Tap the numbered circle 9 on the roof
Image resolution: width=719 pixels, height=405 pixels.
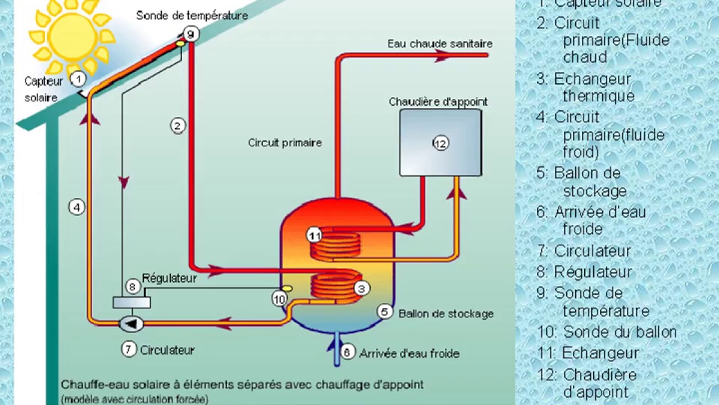(191, 34)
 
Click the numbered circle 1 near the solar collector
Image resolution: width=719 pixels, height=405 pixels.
(78, 79)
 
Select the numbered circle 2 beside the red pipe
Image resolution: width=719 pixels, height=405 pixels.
(178, 125)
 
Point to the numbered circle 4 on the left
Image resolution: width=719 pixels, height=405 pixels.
(77, 207)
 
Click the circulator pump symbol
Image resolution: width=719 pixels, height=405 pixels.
(131, 323)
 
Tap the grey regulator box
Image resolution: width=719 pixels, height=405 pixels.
(131, 302)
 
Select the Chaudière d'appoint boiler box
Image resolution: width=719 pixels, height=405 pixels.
(440, 143)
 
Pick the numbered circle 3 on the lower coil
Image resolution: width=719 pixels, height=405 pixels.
(362, 289)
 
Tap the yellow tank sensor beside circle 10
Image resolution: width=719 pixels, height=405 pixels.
(286, 288)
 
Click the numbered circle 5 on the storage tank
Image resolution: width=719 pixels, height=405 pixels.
(385, 312)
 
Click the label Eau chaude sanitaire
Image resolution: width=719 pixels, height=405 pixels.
(440, 43)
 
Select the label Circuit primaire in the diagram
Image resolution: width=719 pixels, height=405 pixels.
(285, 143)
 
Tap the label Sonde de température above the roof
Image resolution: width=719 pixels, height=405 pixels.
(192, 15)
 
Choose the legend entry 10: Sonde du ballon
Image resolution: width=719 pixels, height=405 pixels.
(607, 332)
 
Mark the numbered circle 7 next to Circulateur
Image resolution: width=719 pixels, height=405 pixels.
(129, 349)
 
